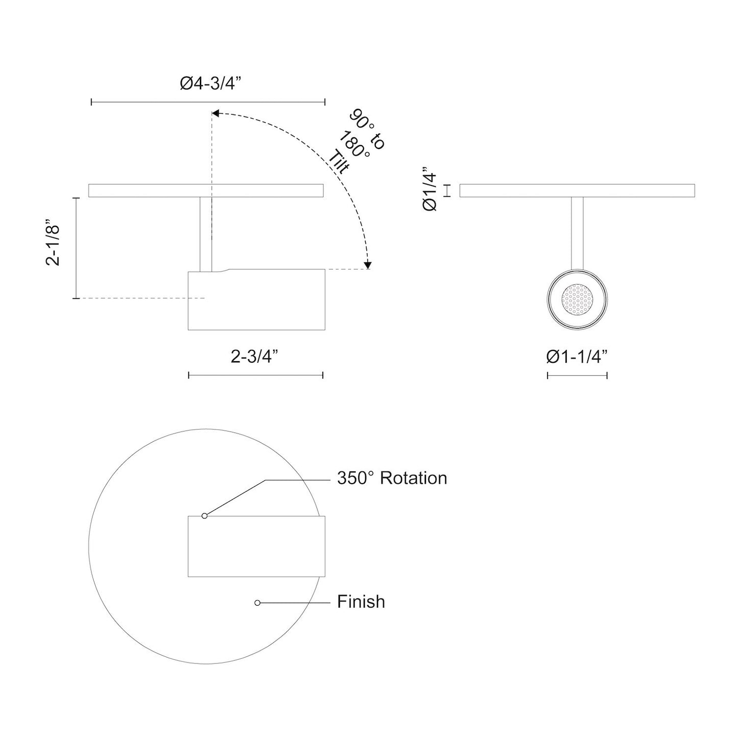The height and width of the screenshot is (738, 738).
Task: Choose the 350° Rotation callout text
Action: (x=392, y=478)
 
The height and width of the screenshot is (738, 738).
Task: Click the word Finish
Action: (x=361, y=602)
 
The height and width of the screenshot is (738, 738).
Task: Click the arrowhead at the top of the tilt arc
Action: (x=216, y=113)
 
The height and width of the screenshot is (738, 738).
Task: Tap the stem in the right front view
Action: (x=577, y=232)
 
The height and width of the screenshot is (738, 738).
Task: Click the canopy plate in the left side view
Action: (x=153, y=191)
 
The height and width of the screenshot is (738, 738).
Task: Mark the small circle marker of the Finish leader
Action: (x=257, y=603)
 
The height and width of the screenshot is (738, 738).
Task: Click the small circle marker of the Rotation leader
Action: (x=204, y=516)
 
